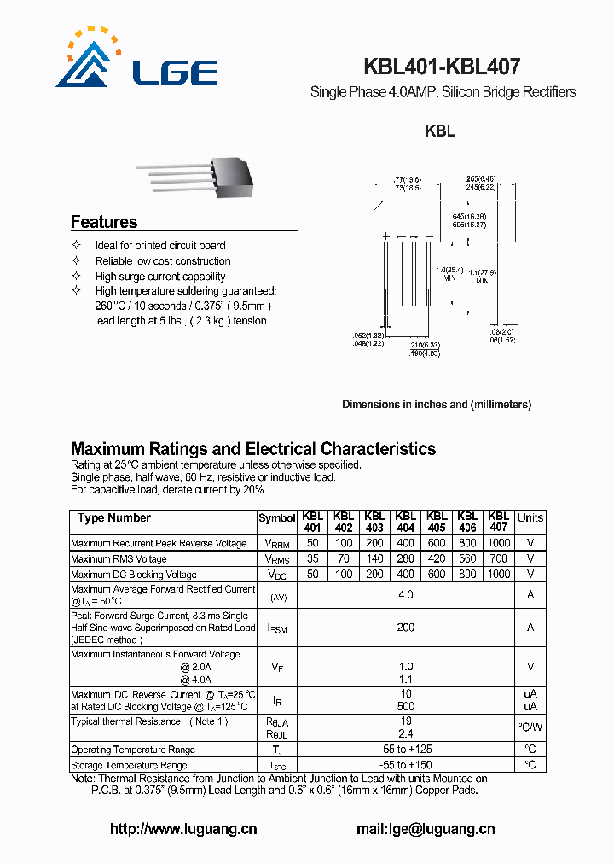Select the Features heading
[104, 222]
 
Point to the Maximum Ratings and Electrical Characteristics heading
[253, 449]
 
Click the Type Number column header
[114, 518]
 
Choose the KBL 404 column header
[405, 522]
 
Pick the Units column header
[530, 518]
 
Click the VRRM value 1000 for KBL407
[498, 543]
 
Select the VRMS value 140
[374, 559]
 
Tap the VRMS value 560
[467, 559]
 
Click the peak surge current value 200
[405, 628]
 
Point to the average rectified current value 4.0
[405, 594]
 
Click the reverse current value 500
[405, 707]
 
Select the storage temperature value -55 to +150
[405, 765]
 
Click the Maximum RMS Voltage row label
[119, 559]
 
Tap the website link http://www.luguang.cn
[183, 829]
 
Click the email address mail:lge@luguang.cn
[426, 829]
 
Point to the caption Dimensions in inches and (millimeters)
[437, 405]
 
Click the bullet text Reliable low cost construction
[163, 261]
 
